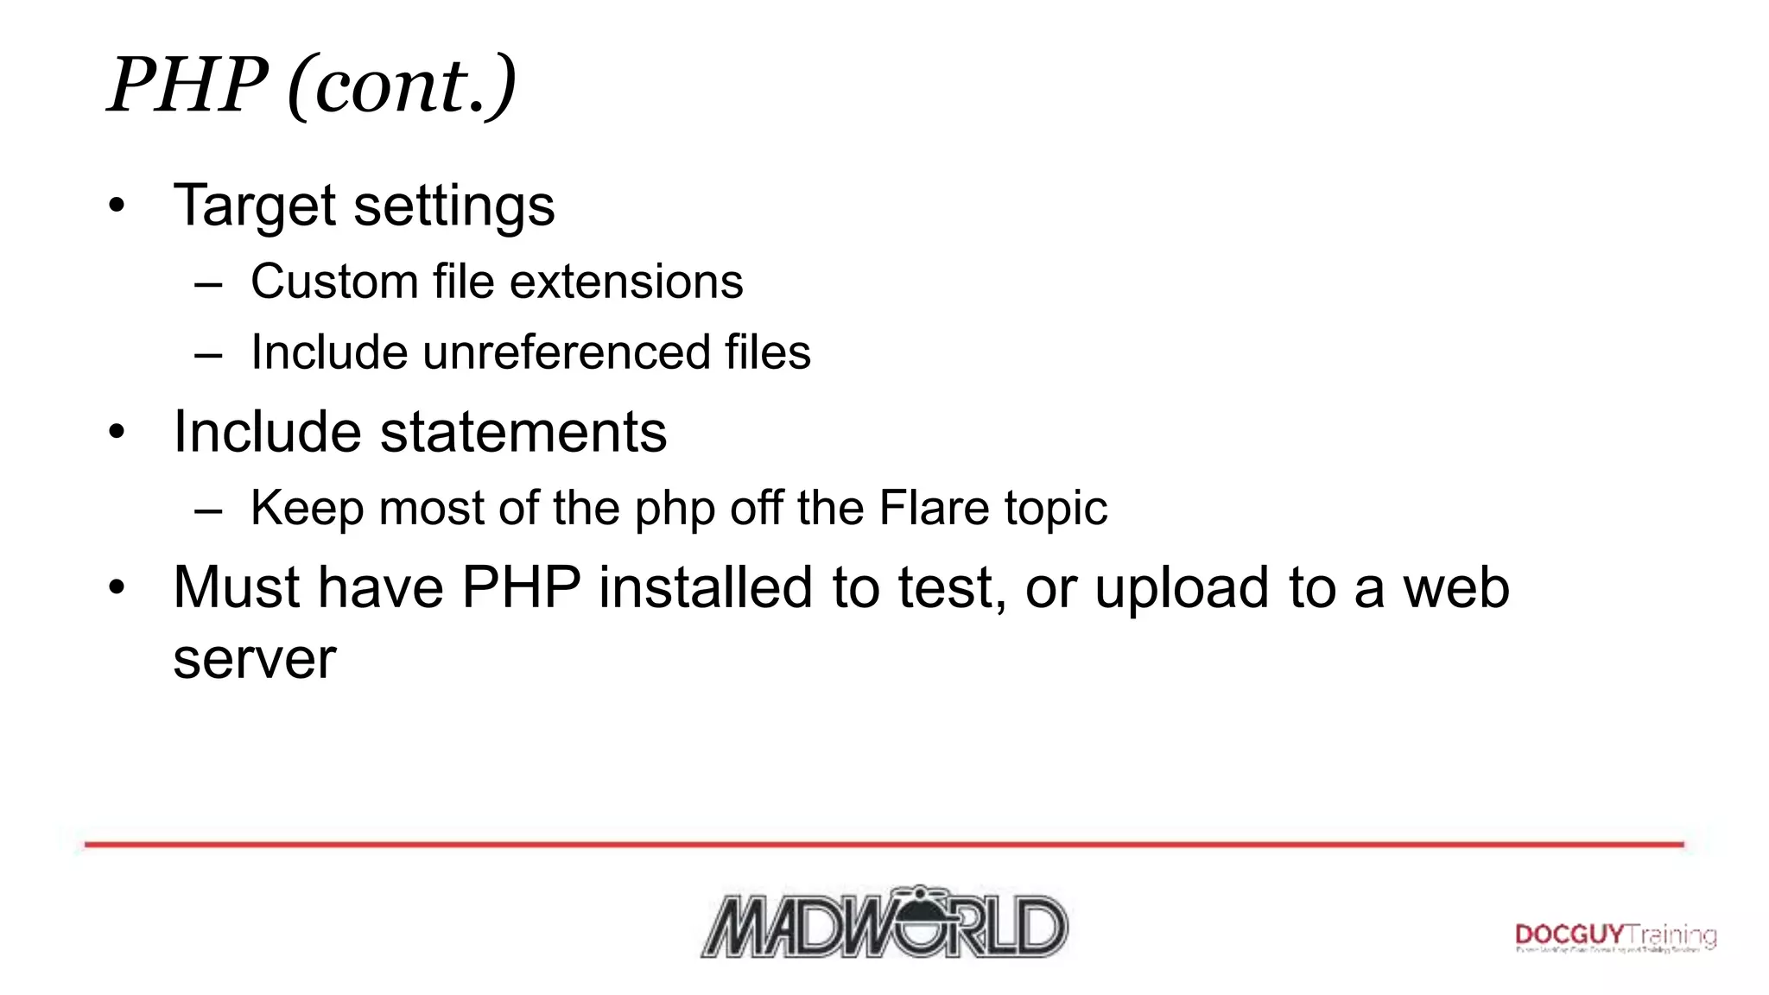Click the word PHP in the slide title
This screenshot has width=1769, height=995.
(x=187, y=85)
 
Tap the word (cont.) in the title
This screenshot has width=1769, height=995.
(x=402, y=86)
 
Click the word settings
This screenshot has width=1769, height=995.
(x=454, y=206)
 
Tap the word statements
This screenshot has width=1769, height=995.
(x=523, y=432)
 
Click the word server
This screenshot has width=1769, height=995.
(x=255, y=660)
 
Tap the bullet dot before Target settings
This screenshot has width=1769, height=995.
(x=117, y=207)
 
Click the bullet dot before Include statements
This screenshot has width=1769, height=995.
(x=117, y=433)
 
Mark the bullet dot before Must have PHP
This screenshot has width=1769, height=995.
(x=117, y=588)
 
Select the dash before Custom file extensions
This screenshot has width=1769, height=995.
(x=208, y=283)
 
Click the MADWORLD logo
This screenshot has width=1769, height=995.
(x=884, y=922)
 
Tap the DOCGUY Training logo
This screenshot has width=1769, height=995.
(x=1615, y=937)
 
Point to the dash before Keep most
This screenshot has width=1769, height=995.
(x=208, y=510)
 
